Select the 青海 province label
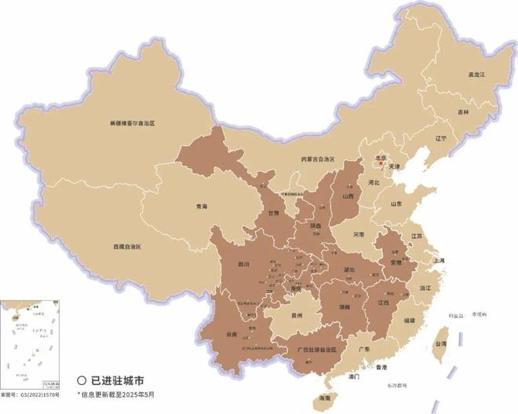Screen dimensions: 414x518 202,207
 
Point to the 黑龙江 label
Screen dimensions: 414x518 477,74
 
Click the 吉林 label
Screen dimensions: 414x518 464,112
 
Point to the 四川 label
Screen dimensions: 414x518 243,265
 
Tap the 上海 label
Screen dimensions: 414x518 438,260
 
